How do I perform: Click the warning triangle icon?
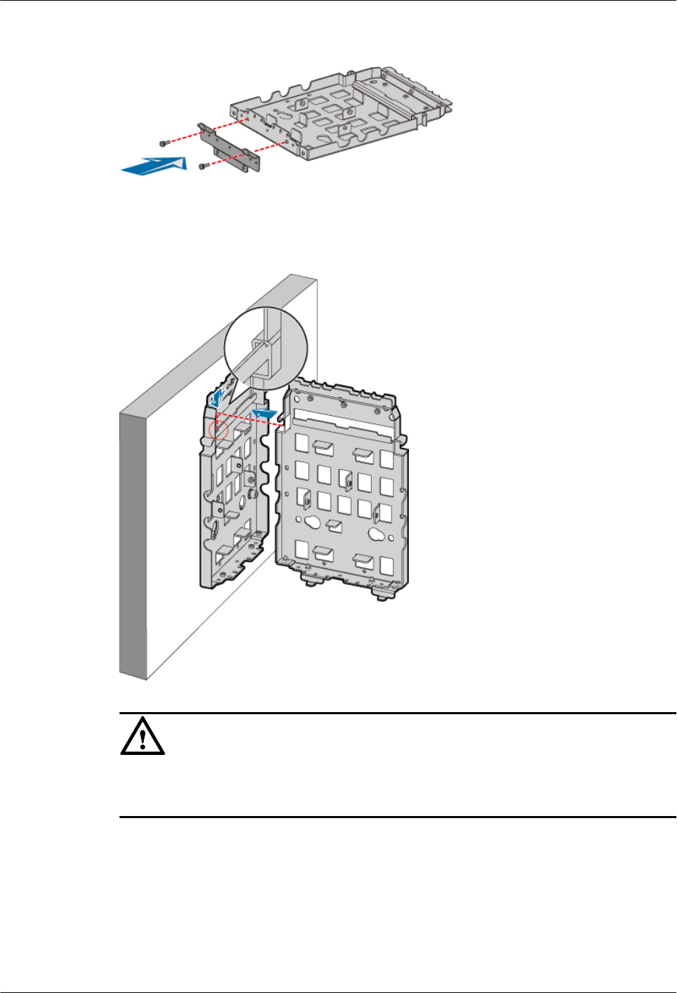click(x=142, y=737)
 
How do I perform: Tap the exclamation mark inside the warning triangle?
click(x=142, y=739)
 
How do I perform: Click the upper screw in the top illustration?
click(x=164, y=143)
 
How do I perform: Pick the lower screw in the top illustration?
click(x=203, y=166)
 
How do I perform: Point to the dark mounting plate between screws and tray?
click(x=229, y=148)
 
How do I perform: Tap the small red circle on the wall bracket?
click(x=219, y=429)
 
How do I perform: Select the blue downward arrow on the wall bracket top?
click(x=219, y=397)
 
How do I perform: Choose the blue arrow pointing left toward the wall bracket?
click(x=264, y=414)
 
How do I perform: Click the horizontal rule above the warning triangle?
click(x=397, y=713)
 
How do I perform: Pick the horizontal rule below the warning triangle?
click(x=397, y=817)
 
